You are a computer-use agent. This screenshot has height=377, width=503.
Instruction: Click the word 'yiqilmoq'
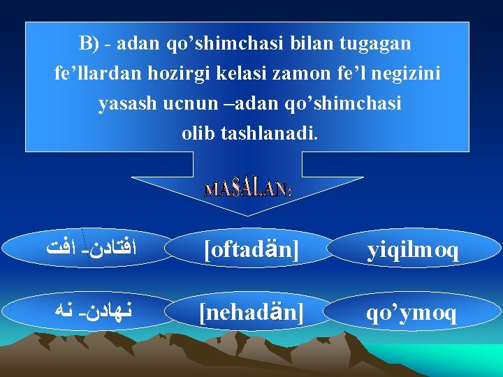click(x=413, y=249)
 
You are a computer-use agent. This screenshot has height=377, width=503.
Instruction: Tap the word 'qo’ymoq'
click(x=412, y=313)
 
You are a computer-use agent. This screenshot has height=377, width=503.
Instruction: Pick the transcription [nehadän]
click(x=251, y=313)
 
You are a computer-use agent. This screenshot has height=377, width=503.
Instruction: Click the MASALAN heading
click(x=248, y=189)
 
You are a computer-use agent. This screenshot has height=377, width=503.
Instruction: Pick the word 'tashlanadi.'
click(x=269, y=133)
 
